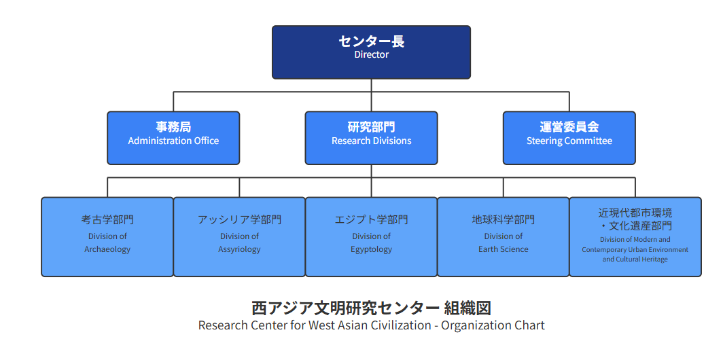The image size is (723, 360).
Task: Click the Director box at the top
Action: click(371, 52)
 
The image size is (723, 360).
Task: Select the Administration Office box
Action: click(173, 138)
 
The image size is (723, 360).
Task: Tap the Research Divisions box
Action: click(371, 138)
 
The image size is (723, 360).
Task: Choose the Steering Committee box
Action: click(569, 138)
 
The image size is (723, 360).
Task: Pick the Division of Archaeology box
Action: click(107, 237)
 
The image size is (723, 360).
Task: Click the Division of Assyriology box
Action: click(239, 237)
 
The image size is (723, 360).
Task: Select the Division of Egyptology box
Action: click(371, 237)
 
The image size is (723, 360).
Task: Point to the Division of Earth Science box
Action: click(503, 237)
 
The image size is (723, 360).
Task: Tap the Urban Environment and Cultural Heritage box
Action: click(635, 237)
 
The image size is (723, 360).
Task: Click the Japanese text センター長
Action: click(371, 41)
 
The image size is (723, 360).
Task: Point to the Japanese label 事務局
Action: click(173, 127)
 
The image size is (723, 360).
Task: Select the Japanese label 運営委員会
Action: click(569, 127)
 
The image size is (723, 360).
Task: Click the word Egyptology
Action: click(371, 249)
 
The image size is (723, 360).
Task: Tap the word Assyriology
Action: click(239, 249)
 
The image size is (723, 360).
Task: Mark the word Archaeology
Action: click(107, 249)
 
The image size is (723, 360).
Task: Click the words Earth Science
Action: click(503, 249)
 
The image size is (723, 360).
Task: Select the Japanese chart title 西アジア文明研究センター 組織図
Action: click(371, 308)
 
